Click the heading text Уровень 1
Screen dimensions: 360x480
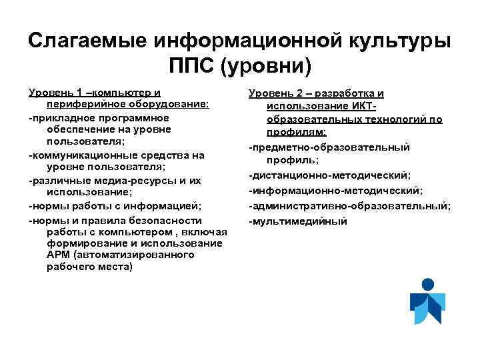tap(56, 92)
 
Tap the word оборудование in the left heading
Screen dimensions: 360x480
tap(167, 105)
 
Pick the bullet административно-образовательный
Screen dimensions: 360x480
tap(349, 206)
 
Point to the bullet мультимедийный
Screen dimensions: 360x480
tap(298, 221)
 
